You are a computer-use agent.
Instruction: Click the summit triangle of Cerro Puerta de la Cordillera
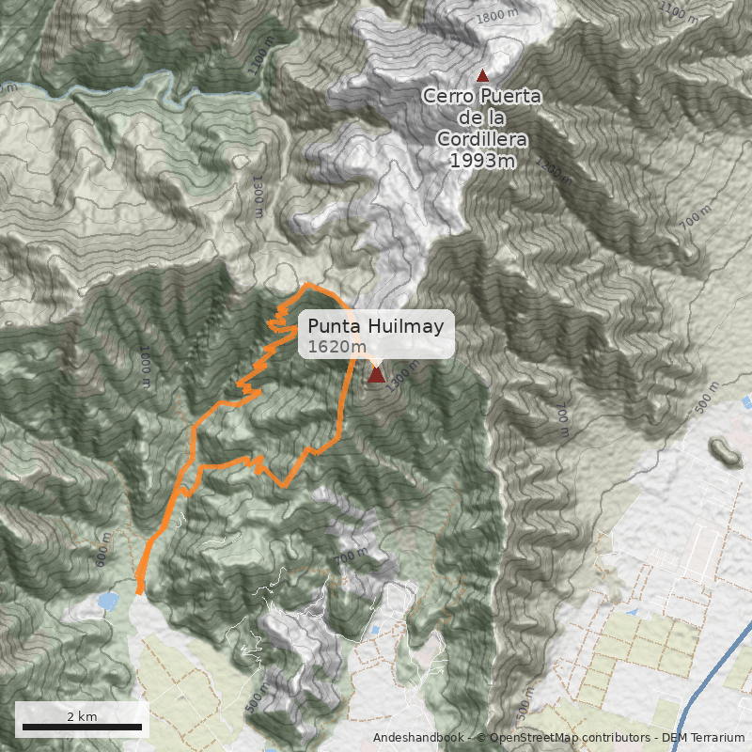click(x=483, y=75)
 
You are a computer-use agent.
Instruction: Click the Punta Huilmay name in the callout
click(x=376, y=326)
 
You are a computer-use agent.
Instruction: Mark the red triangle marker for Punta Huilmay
click(x=376, y=376)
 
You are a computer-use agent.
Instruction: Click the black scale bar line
click(x=82, y=728)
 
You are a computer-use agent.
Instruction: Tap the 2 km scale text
click(x=82, y=716)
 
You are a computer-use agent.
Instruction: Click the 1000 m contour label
click(x=146, y=367)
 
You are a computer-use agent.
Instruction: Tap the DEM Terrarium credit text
click(x=703, y=738)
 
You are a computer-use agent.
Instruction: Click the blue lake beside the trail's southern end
click(x=107, y=601)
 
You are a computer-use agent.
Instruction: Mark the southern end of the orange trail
click(x=140, y=591)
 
